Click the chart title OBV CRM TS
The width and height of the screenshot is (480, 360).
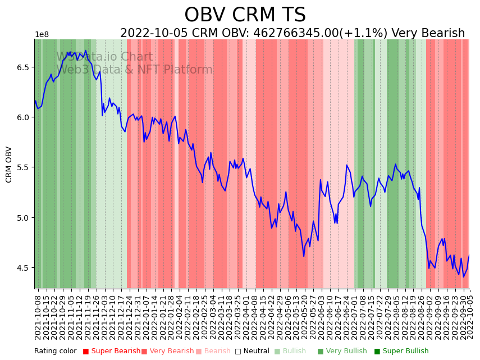(245, 15)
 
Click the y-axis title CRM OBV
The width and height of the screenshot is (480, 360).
(9, 164)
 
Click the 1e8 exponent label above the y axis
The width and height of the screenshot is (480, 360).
(42, 35)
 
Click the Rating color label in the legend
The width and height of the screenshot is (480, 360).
(56, 352)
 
